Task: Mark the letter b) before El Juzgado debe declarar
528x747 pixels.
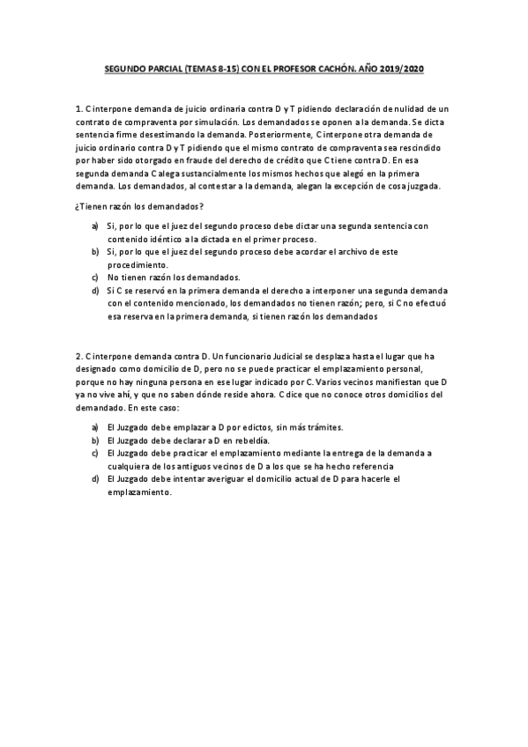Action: pos(95,439)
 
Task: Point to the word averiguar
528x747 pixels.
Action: pos(202,479)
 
